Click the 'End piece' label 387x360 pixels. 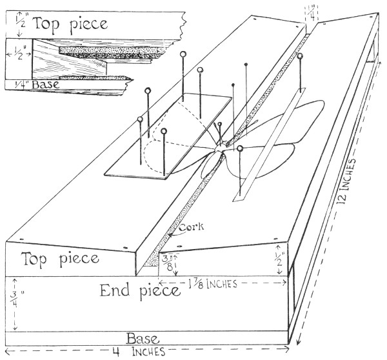139,292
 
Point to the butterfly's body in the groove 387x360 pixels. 219,147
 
